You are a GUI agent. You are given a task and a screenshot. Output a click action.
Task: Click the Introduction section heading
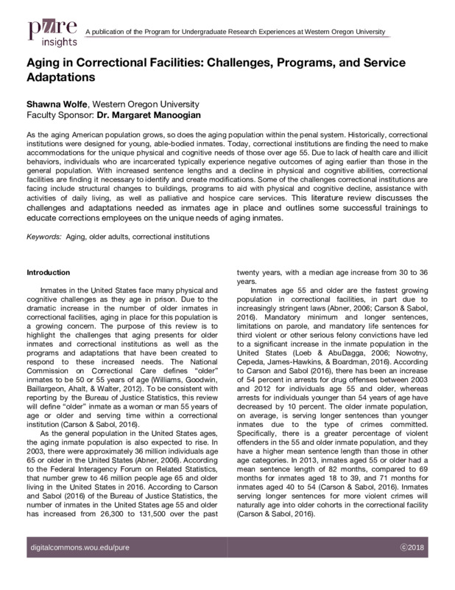point(49,271)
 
